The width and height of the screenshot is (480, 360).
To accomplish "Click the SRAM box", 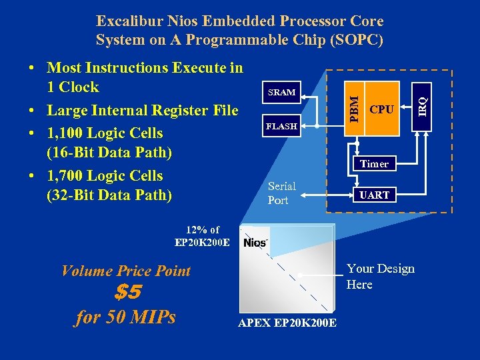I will [x=281, y=92].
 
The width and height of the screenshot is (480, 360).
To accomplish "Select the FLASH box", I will [x=281, y=126].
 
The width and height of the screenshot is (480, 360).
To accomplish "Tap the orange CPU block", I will [x=381, y=109].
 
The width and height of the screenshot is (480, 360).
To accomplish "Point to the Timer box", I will [x=374, y=163].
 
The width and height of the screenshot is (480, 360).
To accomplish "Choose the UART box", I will [x=374, y=195].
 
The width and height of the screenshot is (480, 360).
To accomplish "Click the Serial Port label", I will [x=281, y=193].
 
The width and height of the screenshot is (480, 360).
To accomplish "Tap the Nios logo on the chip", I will [x=256, y=242].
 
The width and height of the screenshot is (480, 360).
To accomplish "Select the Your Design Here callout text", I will [x=380, y=277].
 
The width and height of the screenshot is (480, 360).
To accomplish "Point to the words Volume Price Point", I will [x=125, y=271].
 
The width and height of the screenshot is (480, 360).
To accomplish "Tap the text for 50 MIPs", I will [x=125, y=317].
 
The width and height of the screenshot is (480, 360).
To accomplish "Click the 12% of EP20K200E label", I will [x=202, y=236].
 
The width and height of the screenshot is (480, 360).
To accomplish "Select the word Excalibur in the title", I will [x=129, y=22].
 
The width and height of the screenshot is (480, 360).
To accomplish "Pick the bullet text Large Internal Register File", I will [x=142, y=110].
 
